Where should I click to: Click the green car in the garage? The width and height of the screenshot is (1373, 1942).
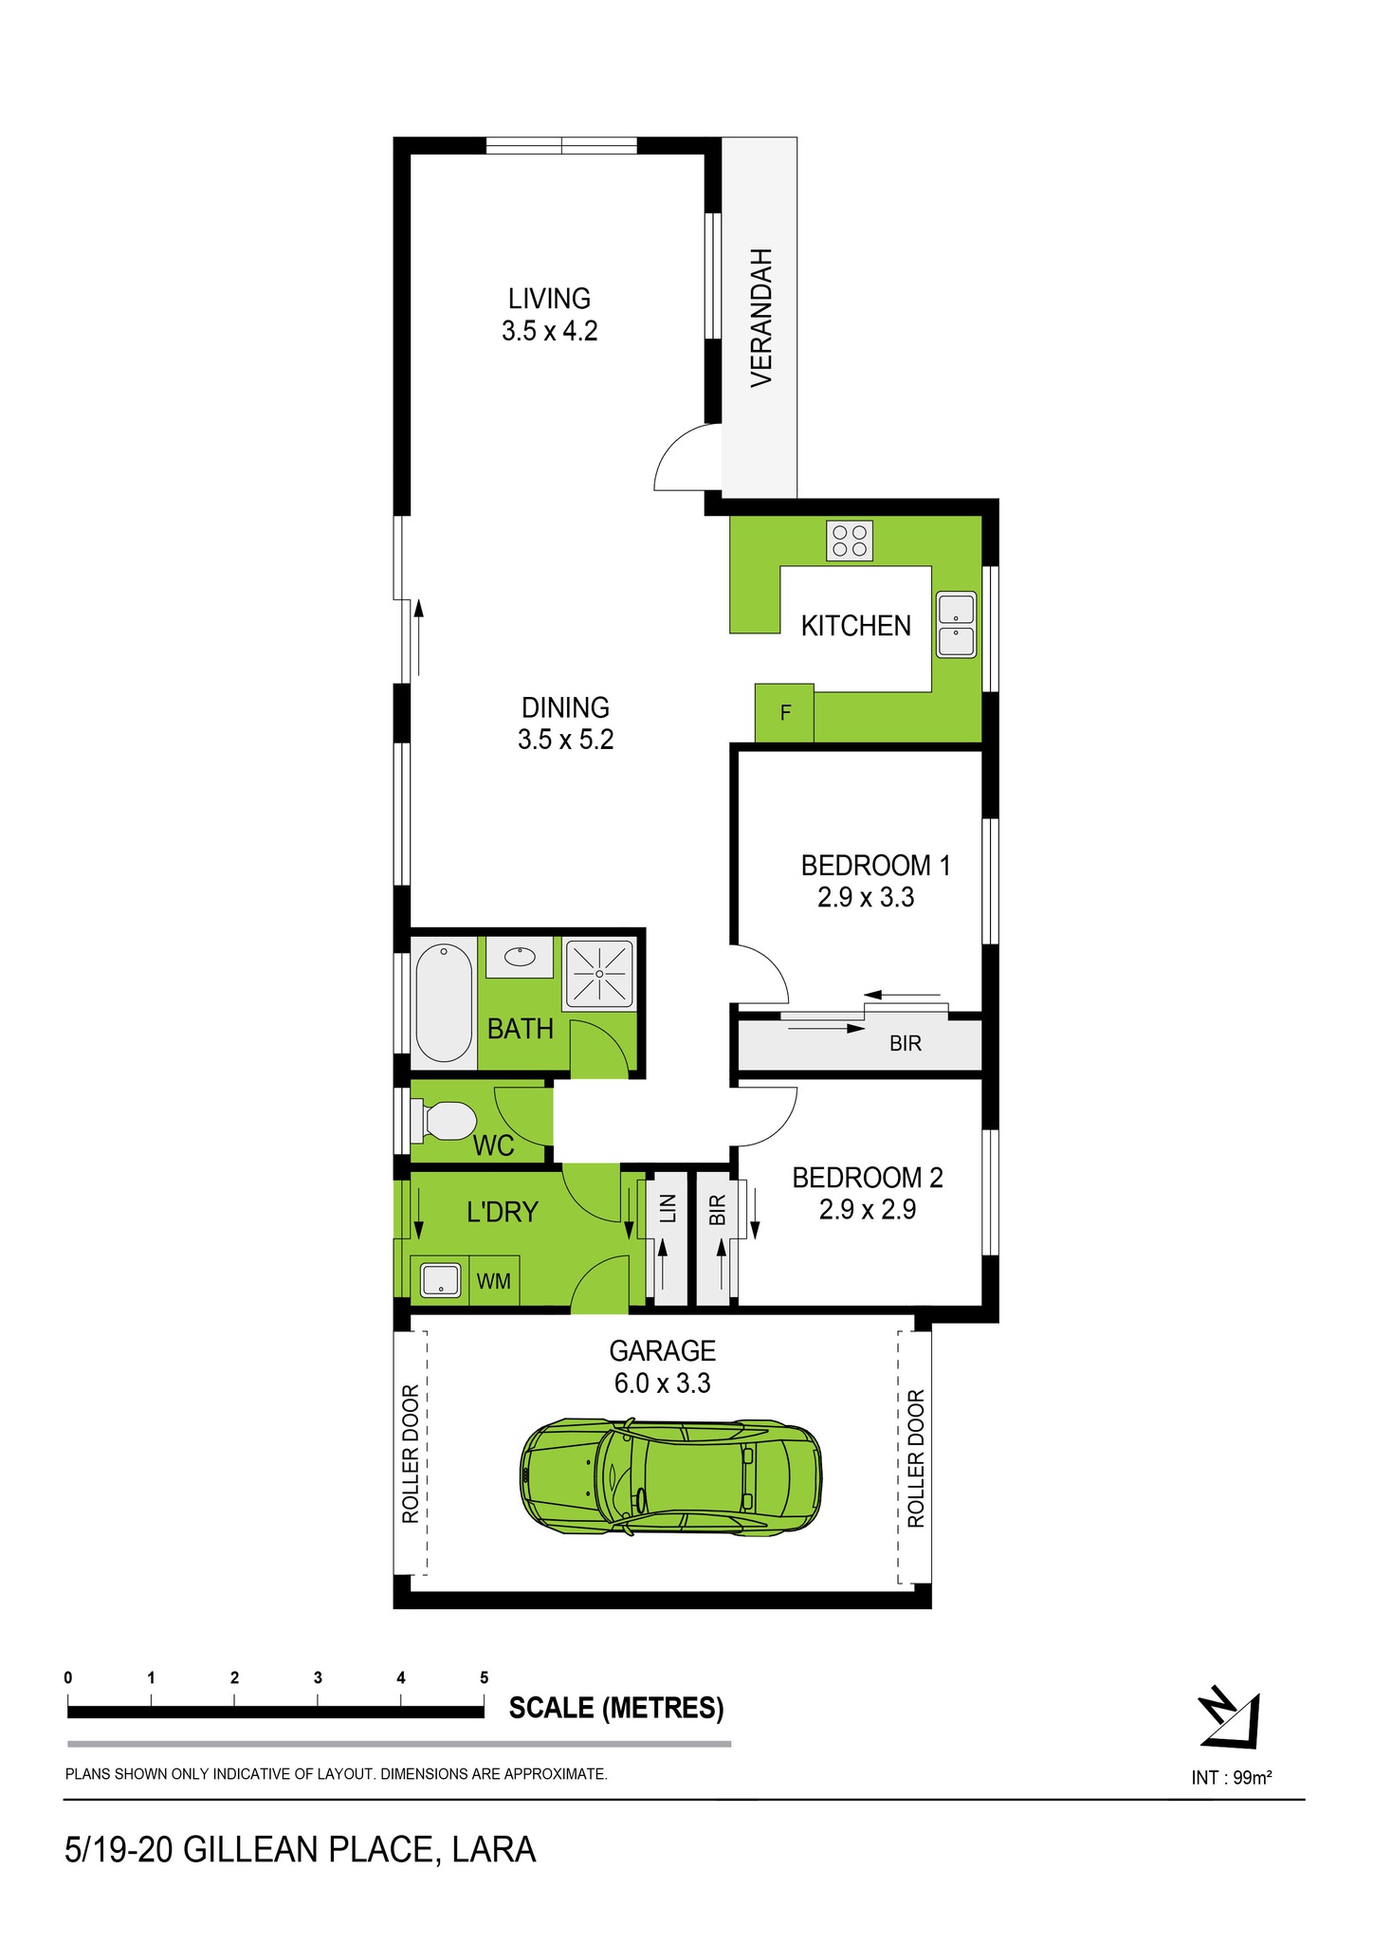pyautogui.click(x=671, y=1476)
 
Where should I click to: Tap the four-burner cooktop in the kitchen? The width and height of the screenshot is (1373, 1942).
pyautogui.click(x=850, y=541)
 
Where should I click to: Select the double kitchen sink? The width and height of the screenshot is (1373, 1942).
pyautogui.click(x=956, y=625)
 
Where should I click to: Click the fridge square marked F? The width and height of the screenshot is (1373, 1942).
pyautogui.click(x=784, y=712)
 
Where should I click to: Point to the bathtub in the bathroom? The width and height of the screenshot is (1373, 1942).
pyautogui.click(x=444, y=1002)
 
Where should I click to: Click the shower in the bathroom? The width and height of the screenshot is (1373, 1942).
pyautogui.click(x=599, y=973)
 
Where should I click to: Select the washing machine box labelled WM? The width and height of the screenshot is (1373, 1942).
pyautogui.click(x=493, y=1281)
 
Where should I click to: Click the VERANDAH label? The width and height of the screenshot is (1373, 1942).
pyautogui.click(x=761, y=317)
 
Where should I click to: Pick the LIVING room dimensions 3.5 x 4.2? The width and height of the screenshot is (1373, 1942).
pyautogui.click(x=550, y=331)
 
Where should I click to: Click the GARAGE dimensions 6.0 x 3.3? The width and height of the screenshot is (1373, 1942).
pyautogui.click(x=662, y=1383)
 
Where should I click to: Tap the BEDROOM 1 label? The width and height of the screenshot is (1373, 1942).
pyautogui.click(x=875, y=865)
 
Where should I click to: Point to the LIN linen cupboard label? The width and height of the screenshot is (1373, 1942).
pyautogui.click(x=668, y=1209)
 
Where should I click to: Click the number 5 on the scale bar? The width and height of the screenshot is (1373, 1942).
pyautogui.click(x=485, y=1677)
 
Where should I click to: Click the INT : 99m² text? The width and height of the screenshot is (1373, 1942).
pyautogui.click(x=1231, y=1777)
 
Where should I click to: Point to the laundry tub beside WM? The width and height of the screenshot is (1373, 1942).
pyautogui.click(x=439, y=1280)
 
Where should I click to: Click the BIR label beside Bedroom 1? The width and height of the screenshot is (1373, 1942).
pyautogui.click(x=906, y=1043)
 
